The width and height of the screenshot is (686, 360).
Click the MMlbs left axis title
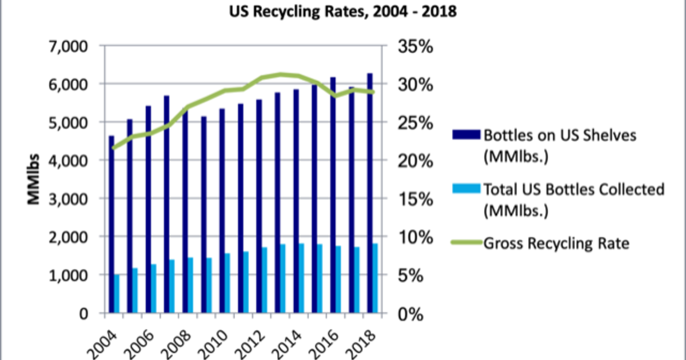coord(34,179)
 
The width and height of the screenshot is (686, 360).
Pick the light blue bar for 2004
coord(117,294)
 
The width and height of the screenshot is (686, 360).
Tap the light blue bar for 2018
coord(375,278)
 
